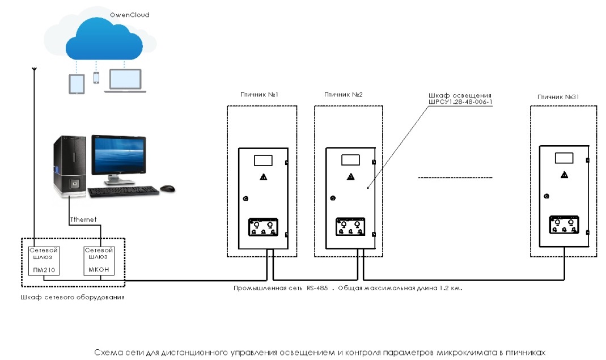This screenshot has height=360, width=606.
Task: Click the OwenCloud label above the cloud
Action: pyautogui.click(x=129, y=15)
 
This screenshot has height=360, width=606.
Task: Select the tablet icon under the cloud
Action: pyautogui.click(x=77, y=84)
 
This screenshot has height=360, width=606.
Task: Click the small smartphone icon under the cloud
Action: pyautogui.click(x=96, y=78)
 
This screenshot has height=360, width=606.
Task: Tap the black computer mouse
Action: pyautogui.click(x=167, y=188)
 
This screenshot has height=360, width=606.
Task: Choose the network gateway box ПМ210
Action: pyautogui.click(x=43, y=260)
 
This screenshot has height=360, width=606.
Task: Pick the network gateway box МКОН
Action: pyautogui.click(x=99, y=260)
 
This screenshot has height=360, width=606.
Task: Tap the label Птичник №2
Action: pyautogui.click(x=344, y=95)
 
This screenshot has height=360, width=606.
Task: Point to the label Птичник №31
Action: pyautogui.click(x=558, y=97)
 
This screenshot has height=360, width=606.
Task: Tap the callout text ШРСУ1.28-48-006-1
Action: pyautogui.click(x=460, y=103)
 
